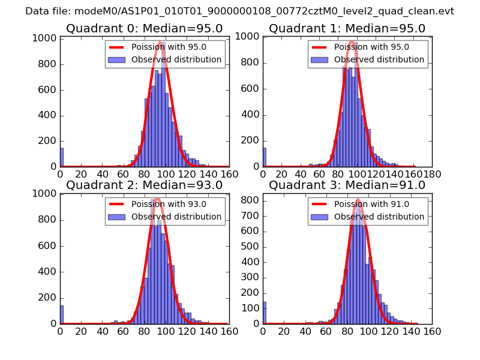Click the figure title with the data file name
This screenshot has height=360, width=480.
(x=240, y=11)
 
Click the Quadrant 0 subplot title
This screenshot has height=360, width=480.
(x=144, y=29)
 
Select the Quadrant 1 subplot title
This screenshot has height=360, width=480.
(x=347, y=29)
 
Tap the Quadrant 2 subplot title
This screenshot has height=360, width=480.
(x=144, y=185)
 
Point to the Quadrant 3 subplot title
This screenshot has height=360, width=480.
(x=347, y=185)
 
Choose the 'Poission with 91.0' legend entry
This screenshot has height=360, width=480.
(x=371, y=204)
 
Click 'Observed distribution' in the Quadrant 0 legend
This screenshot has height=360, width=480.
(x=176, y=60)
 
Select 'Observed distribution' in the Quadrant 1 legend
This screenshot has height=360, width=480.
(x=379, y=60)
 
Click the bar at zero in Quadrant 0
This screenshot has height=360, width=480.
(x=62, y=157)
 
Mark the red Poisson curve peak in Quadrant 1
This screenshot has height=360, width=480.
(x=353, y=42)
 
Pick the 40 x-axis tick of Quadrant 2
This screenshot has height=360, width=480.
(x=102, y=331)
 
